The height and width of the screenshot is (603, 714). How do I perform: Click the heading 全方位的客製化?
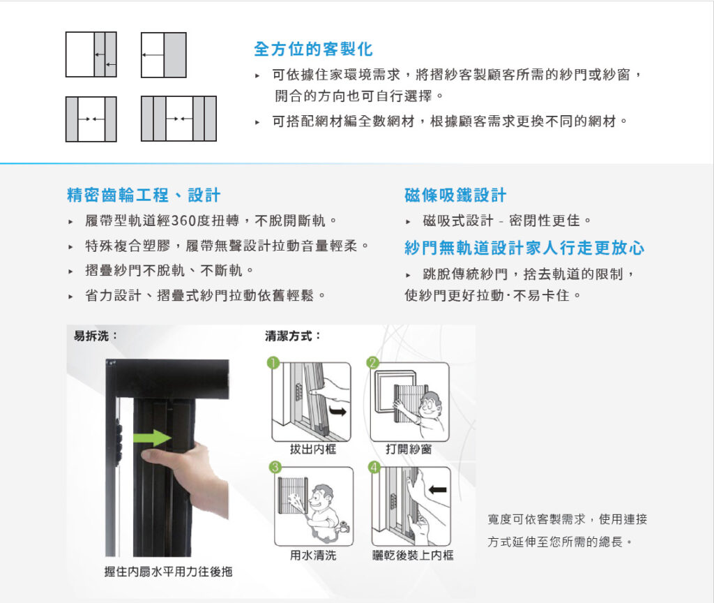313,50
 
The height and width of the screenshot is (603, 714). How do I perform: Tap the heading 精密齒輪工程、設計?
144,195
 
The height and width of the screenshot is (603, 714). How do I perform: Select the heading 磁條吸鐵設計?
455,195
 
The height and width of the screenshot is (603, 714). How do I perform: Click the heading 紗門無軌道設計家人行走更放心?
524,248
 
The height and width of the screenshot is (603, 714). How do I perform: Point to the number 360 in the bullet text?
184,221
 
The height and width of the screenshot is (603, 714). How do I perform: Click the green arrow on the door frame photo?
152,438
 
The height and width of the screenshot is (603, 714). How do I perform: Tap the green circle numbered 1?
273,363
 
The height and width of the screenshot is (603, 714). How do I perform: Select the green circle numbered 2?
372,362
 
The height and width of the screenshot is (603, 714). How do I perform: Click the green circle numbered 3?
275,467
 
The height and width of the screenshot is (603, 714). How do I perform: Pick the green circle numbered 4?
374,467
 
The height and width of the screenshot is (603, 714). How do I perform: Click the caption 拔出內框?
313,449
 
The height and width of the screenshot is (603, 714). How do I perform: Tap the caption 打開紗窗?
409,449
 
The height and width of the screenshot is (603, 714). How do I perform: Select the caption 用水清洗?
313,555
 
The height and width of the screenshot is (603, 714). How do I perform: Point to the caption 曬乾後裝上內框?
413,555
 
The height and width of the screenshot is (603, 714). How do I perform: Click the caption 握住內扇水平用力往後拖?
168,572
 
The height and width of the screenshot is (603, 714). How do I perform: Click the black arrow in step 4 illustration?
438,490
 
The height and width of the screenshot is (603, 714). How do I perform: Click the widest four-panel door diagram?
178,119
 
